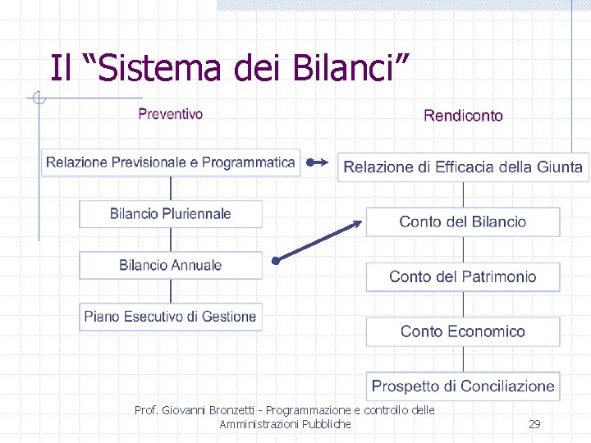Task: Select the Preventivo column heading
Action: (171, 114)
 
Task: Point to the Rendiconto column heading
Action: (463, 116)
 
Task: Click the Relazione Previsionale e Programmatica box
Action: (171, 162)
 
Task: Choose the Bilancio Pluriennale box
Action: (171, 214)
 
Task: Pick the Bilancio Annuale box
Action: (171, 265)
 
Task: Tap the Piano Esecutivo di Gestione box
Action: (171, 317)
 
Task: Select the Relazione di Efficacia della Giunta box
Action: (463, 167)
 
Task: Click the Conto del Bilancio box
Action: (463, 222)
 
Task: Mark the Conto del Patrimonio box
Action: (463, 277)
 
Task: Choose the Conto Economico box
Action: (463, 331)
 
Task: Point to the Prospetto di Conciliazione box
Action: (463, 386)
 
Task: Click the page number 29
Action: (534, 424)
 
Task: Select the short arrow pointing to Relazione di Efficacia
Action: (318, 162)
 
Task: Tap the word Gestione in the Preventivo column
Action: (229, 317)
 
